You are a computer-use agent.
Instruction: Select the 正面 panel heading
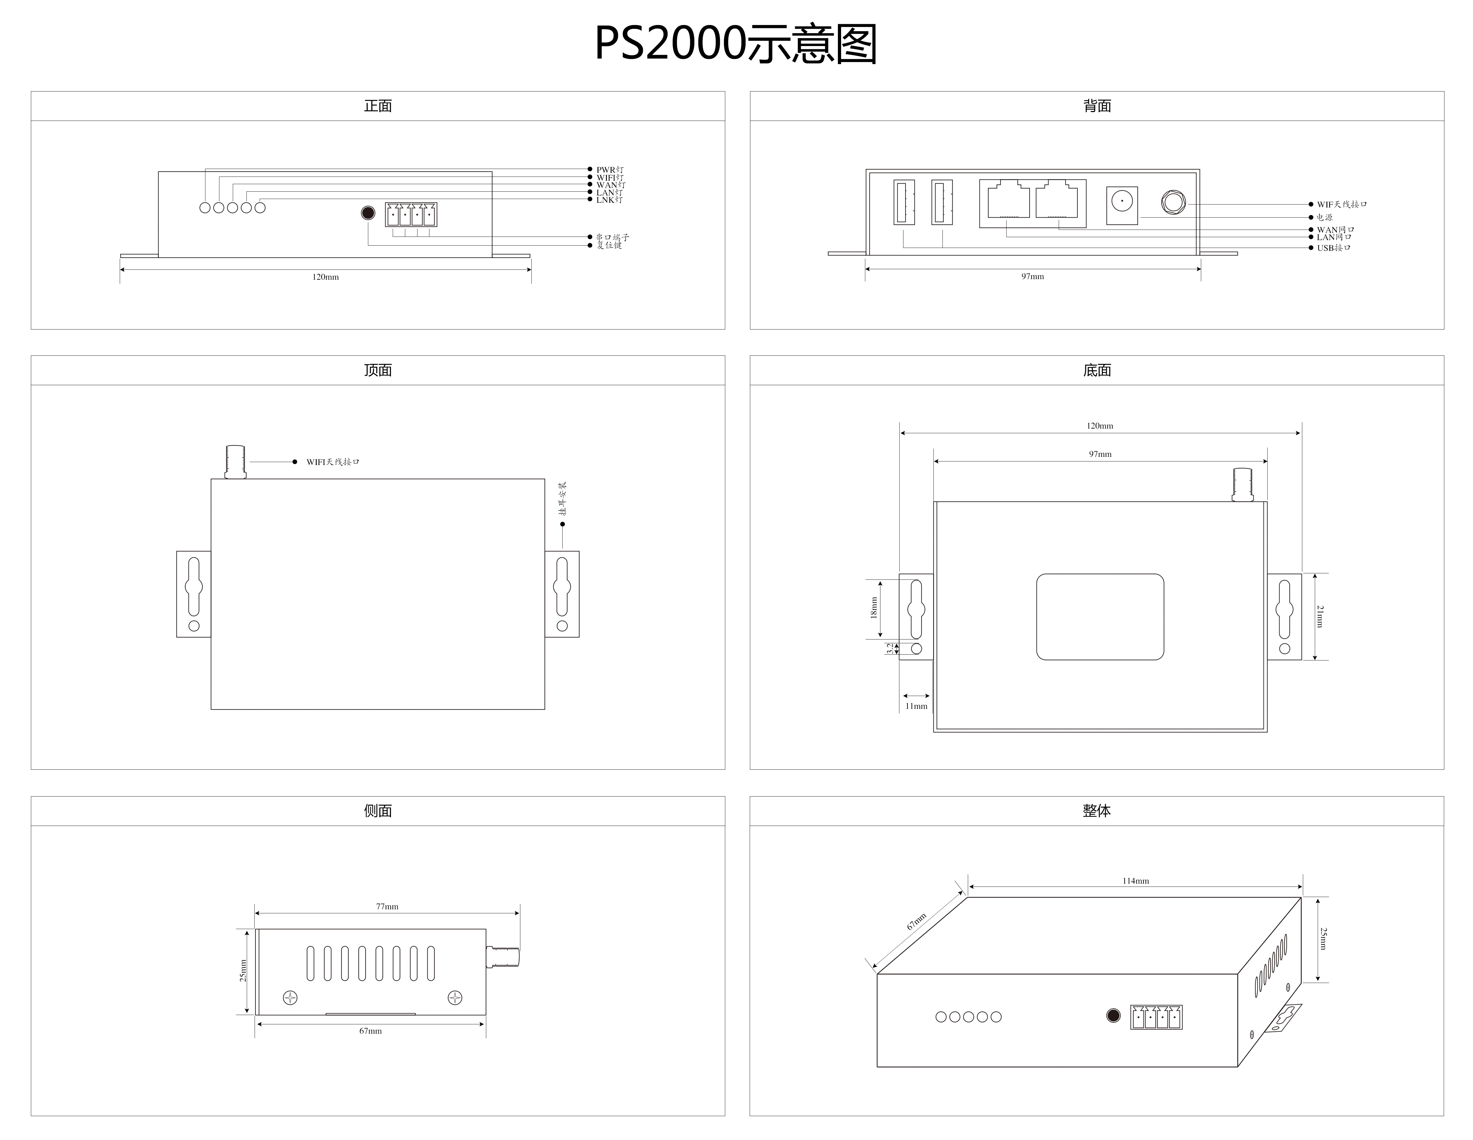click(x=378, y=106)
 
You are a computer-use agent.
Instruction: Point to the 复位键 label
click(x=609, y=246)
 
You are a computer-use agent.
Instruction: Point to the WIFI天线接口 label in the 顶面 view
click(x=332, y=462)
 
